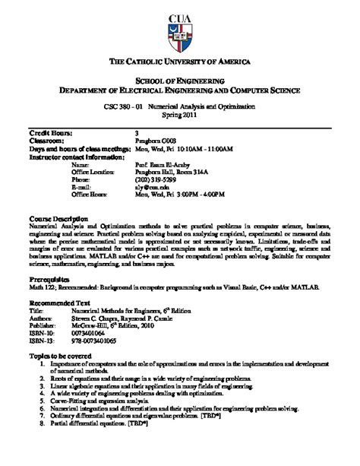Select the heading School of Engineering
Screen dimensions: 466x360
(180, 81)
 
